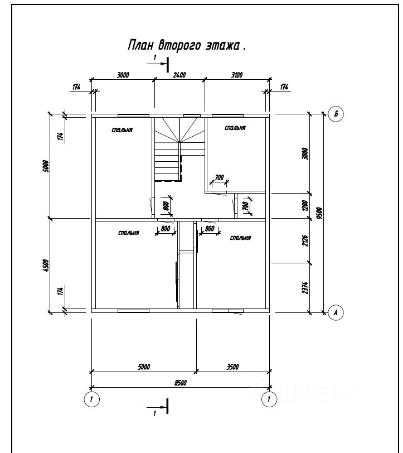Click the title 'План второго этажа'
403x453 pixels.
[186, 46]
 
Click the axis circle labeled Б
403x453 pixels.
[336, 114]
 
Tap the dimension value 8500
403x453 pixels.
[179, 382]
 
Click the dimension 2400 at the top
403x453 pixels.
[179, 75]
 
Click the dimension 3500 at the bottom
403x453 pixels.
[233, 367]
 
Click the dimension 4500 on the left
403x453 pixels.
[46, 264]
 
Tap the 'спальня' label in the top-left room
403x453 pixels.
[122, 130]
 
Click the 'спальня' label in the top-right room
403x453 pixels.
[235, 128]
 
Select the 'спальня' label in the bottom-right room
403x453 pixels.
[239, 238]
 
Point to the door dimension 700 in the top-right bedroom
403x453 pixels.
[219, 177]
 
